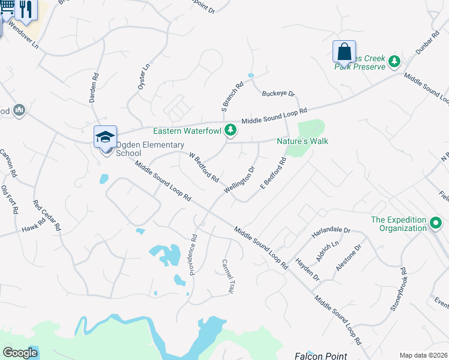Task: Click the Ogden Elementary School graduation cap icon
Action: pos(105,137)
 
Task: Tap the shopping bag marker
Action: pos(344,52)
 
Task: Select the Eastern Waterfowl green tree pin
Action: pos(230,130)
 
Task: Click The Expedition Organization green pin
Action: pos(436,224)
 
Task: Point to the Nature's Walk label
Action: pos(302,141)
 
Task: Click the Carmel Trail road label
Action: pos(228,276)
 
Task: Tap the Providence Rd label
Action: pos(194,254)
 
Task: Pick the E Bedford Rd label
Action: pos(272,173)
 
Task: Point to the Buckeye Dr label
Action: pos(279,94)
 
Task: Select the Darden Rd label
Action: pos(93,88)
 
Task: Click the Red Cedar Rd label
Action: pos(47,215)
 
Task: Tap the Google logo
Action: pos(20,353)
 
